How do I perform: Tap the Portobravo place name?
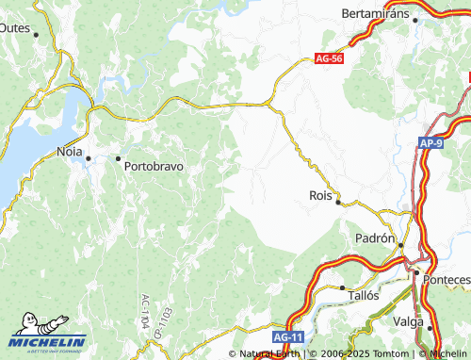154,164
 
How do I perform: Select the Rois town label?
321,195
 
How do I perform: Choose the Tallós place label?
363,295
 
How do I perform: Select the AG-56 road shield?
329,58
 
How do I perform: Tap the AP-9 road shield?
432,142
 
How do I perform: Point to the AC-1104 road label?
145,309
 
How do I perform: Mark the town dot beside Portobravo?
119,158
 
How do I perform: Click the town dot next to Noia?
88,158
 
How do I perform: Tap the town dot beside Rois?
339,202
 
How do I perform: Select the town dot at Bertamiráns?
415,19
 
